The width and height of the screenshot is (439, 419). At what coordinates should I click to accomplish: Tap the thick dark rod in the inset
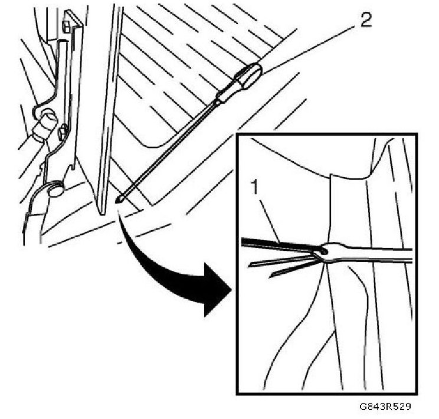pos(277,244)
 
